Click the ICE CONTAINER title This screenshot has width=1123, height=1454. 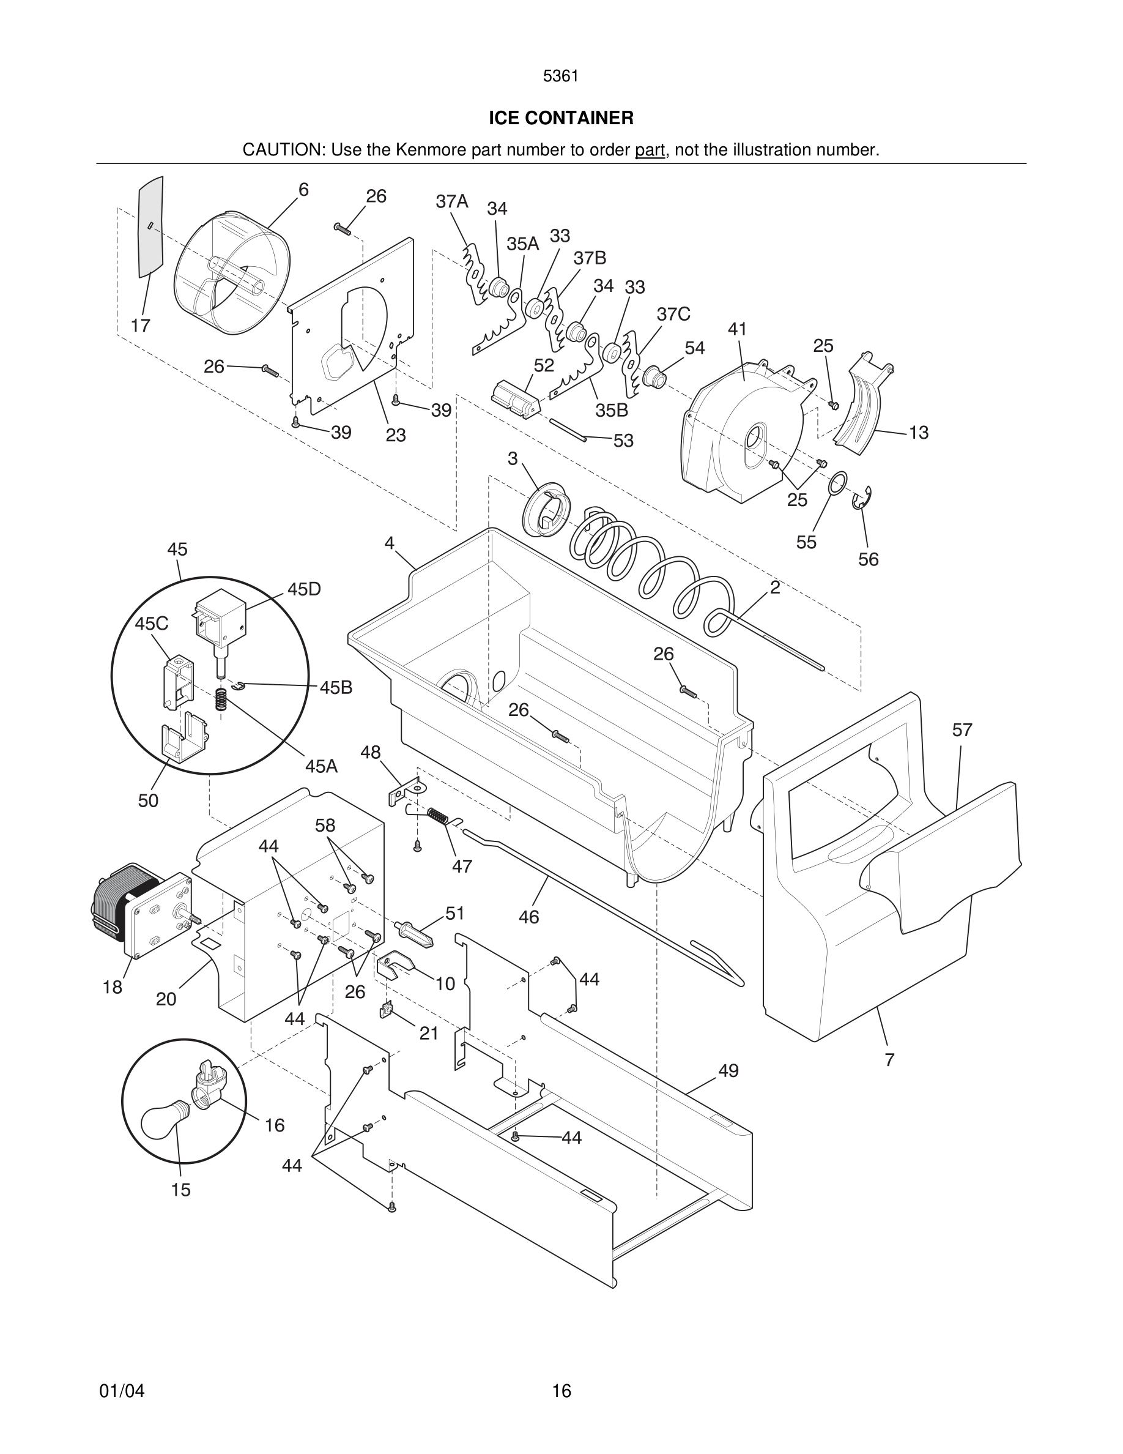(x=561, y=119)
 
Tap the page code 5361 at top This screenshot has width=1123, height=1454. (x=560, y=76)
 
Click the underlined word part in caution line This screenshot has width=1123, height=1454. (x=650, y=151)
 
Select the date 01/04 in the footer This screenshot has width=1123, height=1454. (x=122, y=1391)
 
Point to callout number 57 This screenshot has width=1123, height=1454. (x=962, y=730)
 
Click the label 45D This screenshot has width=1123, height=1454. (x=304, y=589)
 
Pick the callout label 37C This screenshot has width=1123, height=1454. (x=673, y=314)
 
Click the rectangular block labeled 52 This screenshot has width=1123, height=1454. (x=514, y=399)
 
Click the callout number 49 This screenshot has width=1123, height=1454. (x=728, y=1070)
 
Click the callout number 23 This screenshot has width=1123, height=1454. (x=396, y=435)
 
